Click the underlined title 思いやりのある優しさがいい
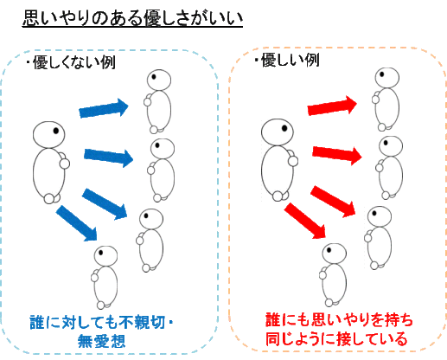(x=132, y=18)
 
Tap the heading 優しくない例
(x=74, y=62)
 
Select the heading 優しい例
(x=290, y=61)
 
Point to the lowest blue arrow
(x=77, y=223)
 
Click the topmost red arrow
(x=332, y=106)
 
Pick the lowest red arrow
(x=305, y=221)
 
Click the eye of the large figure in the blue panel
(x=56, y=131)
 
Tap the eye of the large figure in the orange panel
(x=284, y=128)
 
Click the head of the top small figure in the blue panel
(x=159, y=80)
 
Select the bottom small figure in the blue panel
(x=105, y=278)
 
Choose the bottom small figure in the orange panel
(x=333, y=275)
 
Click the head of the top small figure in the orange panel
(x=387, y=78)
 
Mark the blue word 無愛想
(x=101, y=341)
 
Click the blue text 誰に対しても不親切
(x=97, y=322)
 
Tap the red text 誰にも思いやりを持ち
(x=339, y=320)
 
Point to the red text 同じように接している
(x=336, y=338)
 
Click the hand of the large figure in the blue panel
(x=65, y=164)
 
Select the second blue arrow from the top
(x=109, y=157)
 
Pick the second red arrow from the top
(x=337, y=155)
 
